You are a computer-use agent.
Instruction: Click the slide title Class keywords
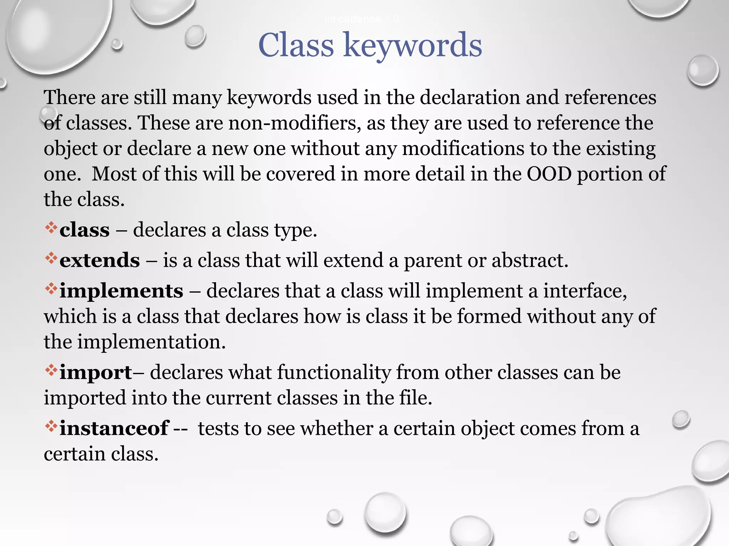click(x=370, y=45)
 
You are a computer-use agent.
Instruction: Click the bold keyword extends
click(x=100, y=261)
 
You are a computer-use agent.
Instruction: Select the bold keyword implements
click(x=121, y=291)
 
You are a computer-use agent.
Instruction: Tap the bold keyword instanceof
click(x=114, y=428)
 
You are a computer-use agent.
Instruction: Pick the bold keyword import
click(x=95, y=373)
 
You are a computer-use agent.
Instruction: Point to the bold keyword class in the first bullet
click(x=84, y=230)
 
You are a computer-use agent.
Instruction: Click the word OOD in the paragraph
click(x=549, y=174)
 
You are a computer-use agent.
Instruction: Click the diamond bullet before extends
click(x=51, y=258)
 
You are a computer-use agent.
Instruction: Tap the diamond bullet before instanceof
click(x=51, y=426)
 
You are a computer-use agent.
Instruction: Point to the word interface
click(x=584, y=291)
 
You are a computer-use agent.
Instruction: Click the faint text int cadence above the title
click(x=362, y=20)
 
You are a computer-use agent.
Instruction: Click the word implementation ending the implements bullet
click(x=151, y=342)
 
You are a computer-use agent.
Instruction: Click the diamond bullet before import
click(x=51, y=370)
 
